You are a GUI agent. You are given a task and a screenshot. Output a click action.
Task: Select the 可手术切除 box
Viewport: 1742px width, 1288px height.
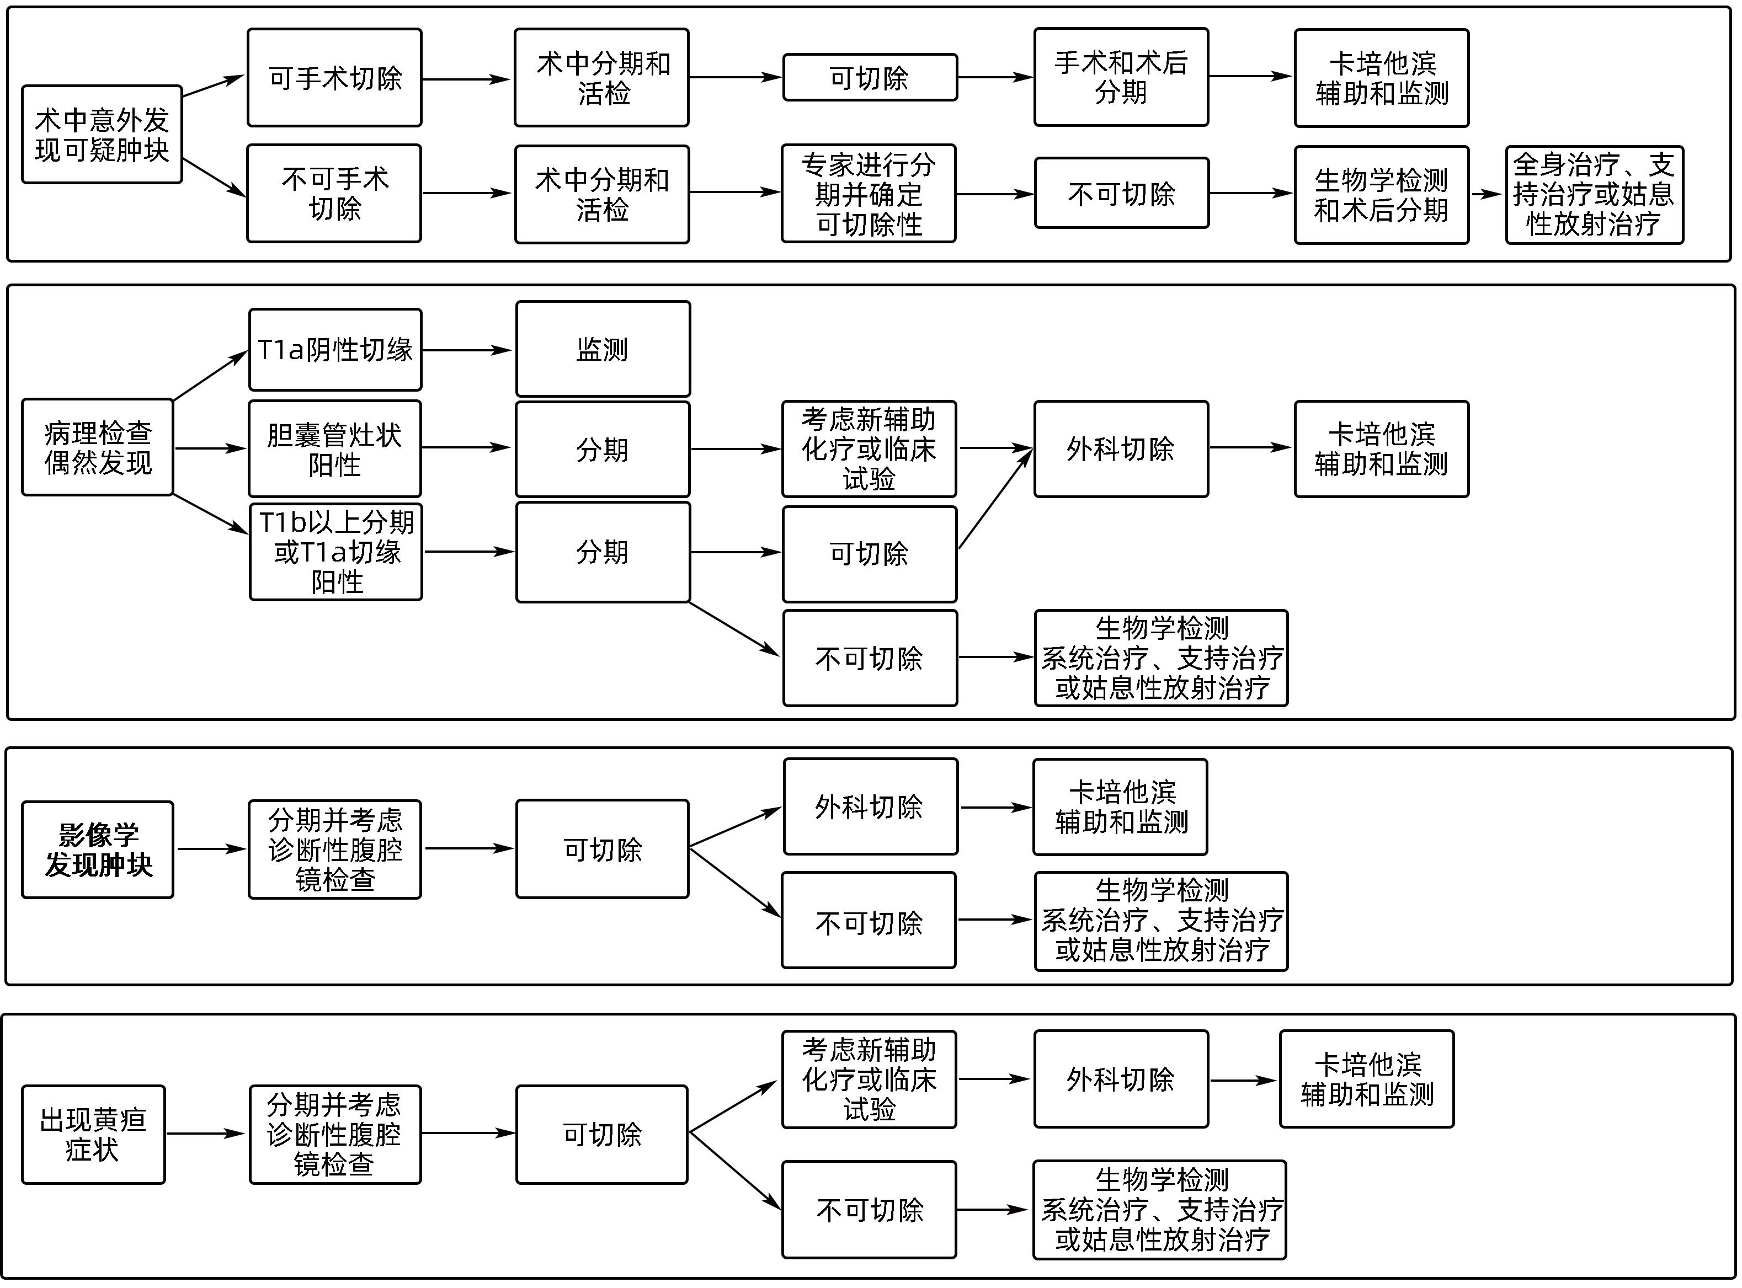click(334, 78)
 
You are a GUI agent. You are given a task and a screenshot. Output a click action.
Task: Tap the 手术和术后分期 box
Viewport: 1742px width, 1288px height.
click(1121, 77)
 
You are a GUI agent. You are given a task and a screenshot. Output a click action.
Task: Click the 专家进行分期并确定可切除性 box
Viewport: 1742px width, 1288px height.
click(869, 194)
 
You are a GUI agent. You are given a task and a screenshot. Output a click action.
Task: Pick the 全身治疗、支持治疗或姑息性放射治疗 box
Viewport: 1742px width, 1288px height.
click(1594, 195)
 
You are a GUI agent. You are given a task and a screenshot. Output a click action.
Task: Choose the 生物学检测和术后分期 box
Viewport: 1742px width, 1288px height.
click(1381, 195)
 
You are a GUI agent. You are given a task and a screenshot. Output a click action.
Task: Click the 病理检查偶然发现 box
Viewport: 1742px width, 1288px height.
click(98, 447)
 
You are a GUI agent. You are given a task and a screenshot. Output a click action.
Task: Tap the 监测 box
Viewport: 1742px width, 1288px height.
click(603, 349)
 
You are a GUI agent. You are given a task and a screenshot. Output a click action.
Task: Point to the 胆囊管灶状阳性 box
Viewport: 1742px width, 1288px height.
click(334, 449)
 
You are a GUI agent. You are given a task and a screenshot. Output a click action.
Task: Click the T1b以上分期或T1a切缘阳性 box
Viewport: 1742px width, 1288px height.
click(336, 552)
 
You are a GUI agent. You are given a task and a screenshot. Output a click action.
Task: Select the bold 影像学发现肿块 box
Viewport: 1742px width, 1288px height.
click(98, 850)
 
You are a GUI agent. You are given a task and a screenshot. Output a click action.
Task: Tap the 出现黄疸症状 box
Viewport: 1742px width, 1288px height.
click(94, 1135)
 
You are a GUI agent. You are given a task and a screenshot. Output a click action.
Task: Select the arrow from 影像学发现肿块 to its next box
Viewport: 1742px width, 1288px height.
click(211, 849)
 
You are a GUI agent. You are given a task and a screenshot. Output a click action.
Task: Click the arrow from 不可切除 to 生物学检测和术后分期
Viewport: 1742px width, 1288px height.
click(1251, 194)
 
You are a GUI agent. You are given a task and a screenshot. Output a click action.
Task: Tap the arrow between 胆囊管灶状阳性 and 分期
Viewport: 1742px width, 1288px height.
click(466, 447)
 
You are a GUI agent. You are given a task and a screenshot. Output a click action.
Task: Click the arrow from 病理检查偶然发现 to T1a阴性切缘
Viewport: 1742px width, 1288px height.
click(210, 376)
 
